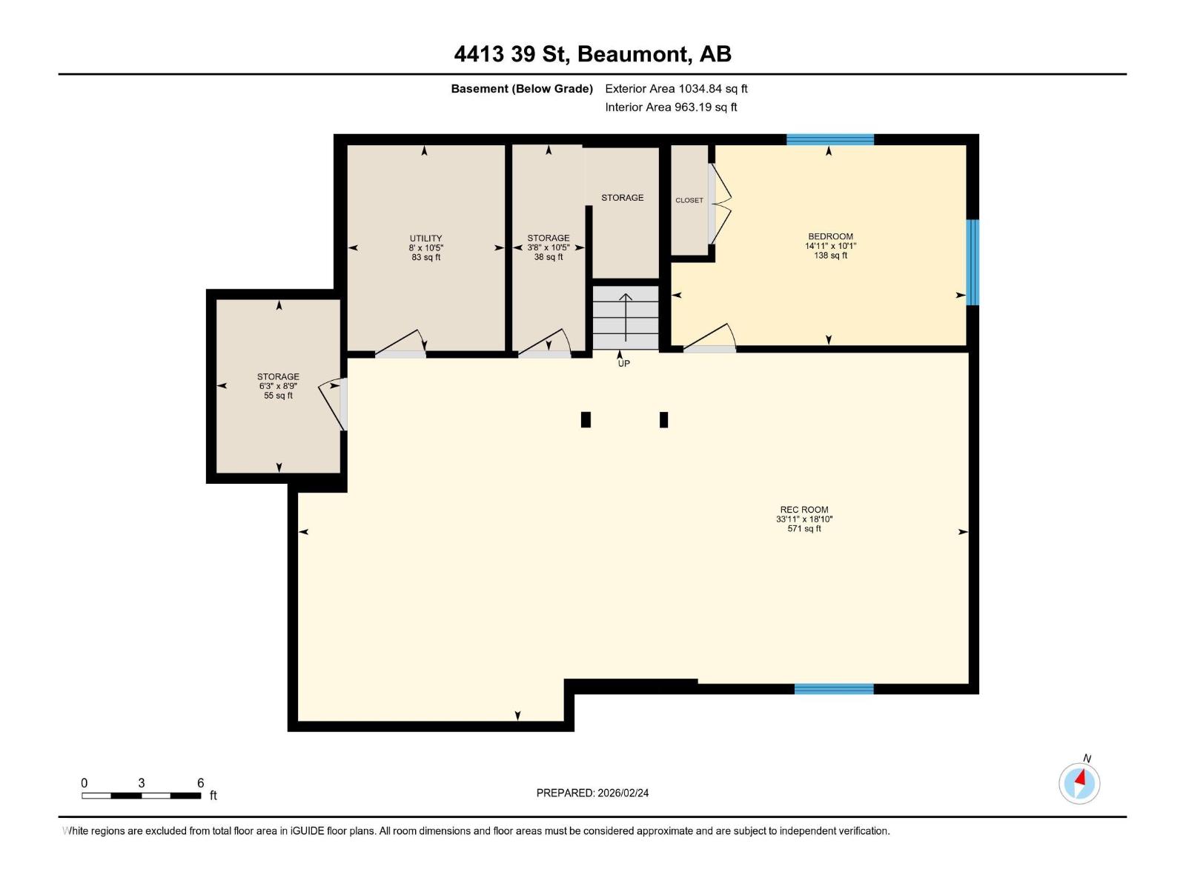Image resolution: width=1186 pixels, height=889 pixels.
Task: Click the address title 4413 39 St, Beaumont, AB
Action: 592,54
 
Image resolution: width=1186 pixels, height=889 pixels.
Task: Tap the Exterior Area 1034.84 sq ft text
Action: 676,89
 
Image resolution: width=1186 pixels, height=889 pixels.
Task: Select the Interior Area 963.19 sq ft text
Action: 671,107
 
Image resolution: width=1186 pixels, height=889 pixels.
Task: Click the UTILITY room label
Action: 425,247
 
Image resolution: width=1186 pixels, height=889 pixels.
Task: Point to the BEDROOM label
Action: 830,245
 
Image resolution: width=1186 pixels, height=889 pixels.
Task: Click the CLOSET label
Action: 689,200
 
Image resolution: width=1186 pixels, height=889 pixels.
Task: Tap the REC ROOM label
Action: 804,519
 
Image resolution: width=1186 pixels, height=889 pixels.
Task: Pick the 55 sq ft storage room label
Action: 278,385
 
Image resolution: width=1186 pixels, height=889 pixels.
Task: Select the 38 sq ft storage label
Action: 549,247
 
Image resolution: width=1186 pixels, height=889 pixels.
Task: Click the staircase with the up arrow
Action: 626,317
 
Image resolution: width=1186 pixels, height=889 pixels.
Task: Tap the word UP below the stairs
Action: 624,364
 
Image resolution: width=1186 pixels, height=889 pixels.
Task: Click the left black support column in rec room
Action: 586,420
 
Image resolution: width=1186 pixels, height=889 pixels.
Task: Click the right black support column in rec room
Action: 663,420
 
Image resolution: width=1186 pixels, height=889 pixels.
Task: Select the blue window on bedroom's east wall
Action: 973,262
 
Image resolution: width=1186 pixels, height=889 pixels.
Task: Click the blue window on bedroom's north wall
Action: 829,139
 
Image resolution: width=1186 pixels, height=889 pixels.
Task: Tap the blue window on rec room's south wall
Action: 834,689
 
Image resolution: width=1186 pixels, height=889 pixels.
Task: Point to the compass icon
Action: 1079,783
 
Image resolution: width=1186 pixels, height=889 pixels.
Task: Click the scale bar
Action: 141,796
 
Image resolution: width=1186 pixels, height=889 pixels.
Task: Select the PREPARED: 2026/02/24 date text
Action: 592,793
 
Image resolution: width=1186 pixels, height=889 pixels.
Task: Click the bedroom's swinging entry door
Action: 709,338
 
